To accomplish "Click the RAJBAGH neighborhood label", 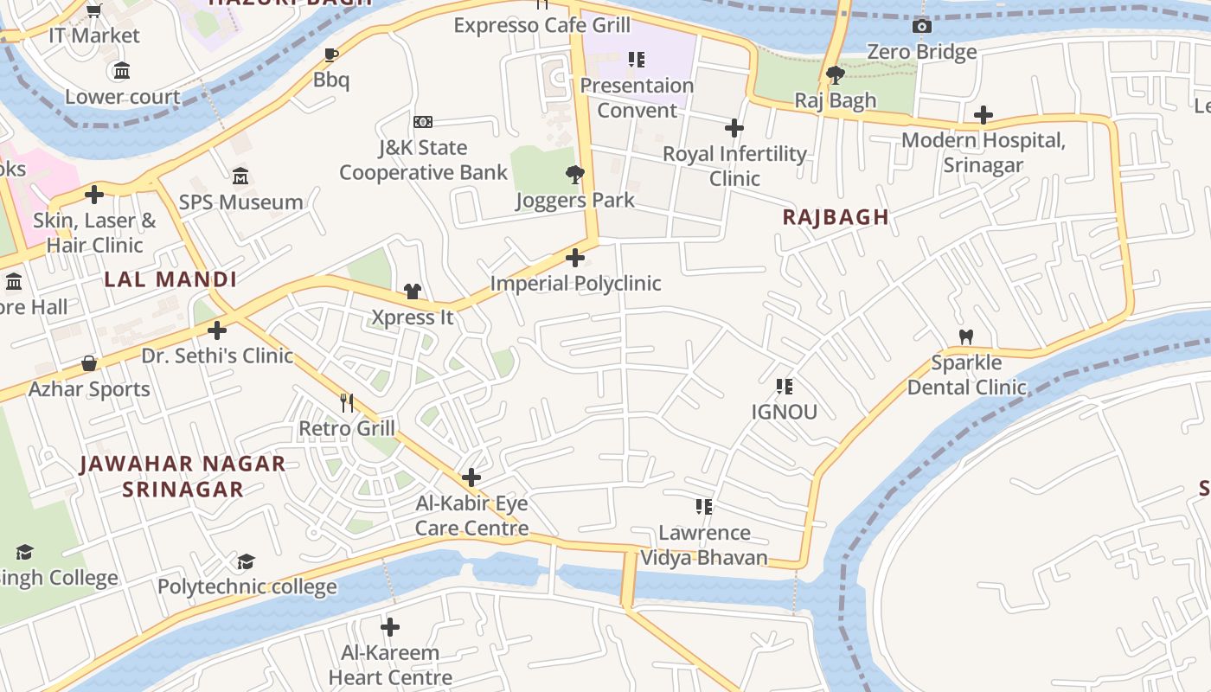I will click(x=836, y=217).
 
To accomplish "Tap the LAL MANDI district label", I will click(x=170, y=279).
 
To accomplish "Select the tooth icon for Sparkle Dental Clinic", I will click(x=966, y=336).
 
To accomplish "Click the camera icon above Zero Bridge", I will click(x=922, y=26).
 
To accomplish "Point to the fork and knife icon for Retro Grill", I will click(x=347, y=402).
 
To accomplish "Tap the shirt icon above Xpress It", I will click(x=413, y=292).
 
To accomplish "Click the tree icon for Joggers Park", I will click(x=574, y=175).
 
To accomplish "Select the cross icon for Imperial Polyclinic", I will click(x=574, y=258).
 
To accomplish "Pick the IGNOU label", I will click(x=784, y=412).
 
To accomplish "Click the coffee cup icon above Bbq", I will click(x=330, y=55).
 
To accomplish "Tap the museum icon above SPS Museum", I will click(x=240, y=177).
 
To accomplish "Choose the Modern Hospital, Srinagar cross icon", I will click(x=983, y=115).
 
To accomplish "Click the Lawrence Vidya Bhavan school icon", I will click(x=704, y=507).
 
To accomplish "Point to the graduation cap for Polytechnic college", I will click(x=247, y=562).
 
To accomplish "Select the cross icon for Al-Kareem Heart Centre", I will click(x=390, y=627).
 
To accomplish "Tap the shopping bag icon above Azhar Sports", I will click(x=89, y=363).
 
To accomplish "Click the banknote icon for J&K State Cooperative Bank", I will click(x=423, y=122).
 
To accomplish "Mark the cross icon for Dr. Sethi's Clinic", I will click(x=217, y=330).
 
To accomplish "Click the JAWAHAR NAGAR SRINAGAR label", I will click(x=183, y=477).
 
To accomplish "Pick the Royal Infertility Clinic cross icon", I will click(x=734, y=129).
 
